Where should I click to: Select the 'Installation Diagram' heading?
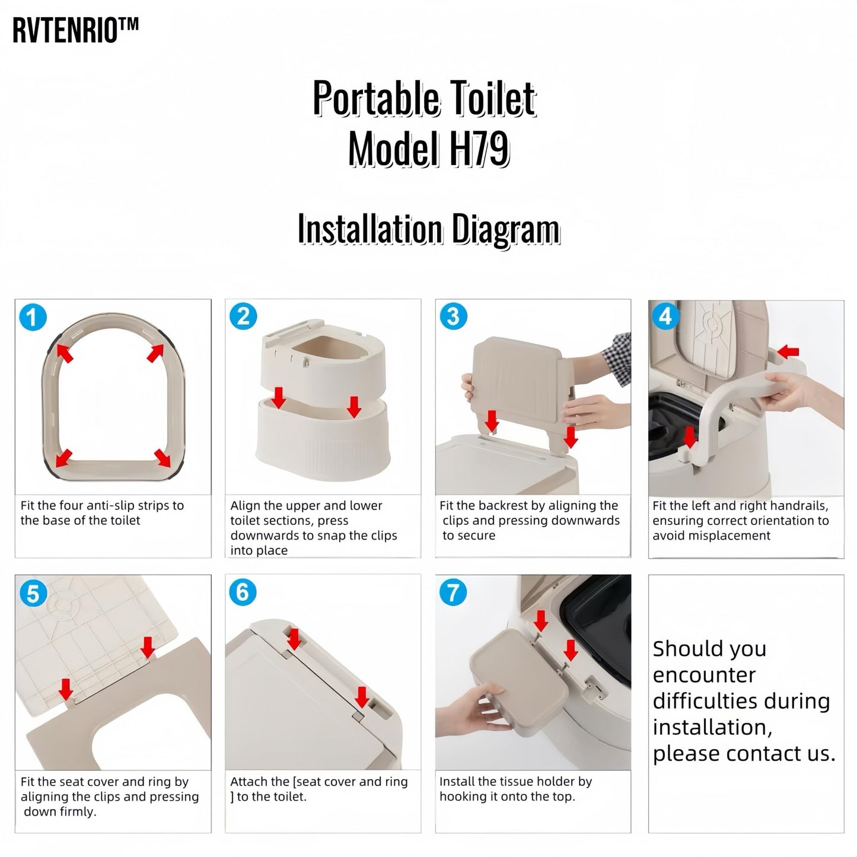pyautogui.click(x=428, y=230)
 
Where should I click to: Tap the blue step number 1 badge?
pyautogui.click(x=33, y=317)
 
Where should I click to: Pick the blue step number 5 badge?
pyautogui.click(x=33, y=593)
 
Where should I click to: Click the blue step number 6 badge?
pyautogui.click(x=243, y=592)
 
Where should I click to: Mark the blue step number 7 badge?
pyautogui.click(x=453, y=592)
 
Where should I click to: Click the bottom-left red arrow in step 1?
pyautogui.click(x=63, y=458)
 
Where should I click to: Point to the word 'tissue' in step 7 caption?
pyautogui.click(x=515, y=782)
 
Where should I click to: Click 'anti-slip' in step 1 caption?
pyautogui.click(x=112, y=506)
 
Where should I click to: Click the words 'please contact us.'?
pyautogui.click(x=744, y=753)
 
